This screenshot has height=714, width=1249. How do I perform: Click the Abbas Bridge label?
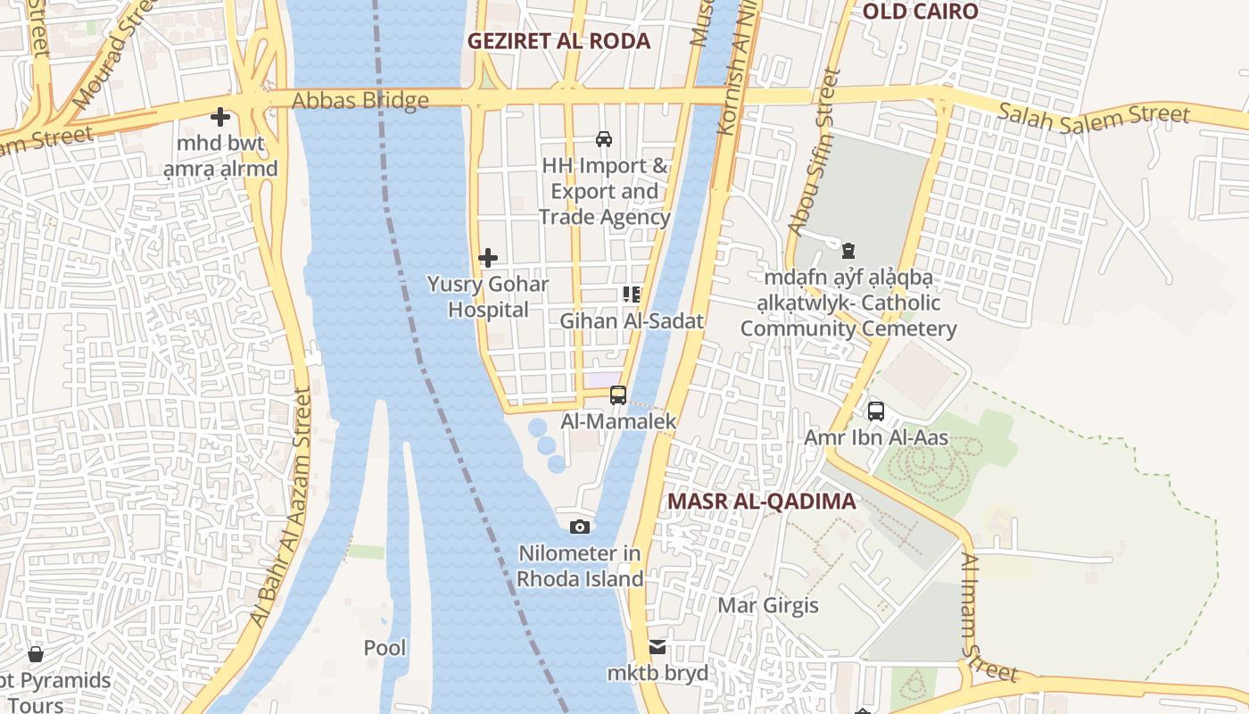point(360,101)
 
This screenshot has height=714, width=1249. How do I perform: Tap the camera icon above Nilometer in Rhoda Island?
point(580,527)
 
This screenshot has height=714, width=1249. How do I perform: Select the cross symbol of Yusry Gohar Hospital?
point(488,258)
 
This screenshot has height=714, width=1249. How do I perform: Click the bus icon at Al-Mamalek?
point(618,394)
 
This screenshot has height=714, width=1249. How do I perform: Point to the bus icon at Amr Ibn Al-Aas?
point(876,411)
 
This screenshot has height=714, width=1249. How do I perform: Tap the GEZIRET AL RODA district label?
point(559,41)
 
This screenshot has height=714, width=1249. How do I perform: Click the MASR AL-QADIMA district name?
point(761,502)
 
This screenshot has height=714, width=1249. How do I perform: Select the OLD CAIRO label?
point(921,12)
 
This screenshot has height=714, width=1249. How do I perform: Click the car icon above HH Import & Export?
point(604,138)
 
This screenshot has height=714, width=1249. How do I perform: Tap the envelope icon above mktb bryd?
point(658,647)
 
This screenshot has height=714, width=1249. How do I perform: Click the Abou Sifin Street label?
point(815,154)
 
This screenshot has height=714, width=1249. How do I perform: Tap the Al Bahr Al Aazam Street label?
point(281,509)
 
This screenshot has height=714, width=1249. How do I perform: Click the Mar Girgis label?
point(768,606)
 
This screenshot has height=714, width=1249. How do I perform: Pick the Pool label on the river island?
point(385,648)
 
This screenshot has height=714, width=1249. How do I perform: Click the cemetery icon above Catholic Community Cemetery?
point(848,251)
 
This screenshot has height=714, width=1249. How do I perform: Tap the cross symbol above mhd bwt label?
point(220,117)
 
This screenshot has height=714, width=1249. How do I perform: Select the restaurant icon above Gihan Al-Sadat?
point(633,295)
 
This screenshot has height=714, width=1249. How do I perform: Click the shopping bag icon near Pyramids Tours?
point(36,655)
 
